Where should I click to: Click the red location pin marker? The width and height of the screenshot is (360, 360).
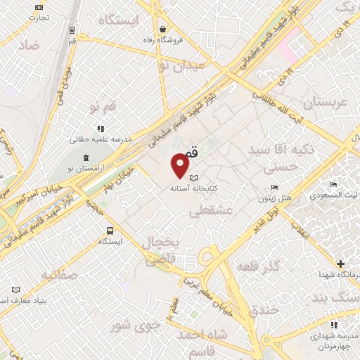pos(180,166)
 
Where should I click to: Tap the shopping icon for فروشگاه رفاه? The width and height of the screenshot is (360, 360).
pos(163,30)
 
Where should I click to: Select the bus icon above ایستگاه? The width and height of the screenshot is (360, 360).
pos(110,231)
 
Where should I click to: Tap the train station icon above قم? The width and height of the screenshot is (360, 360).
pos(72,30)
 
